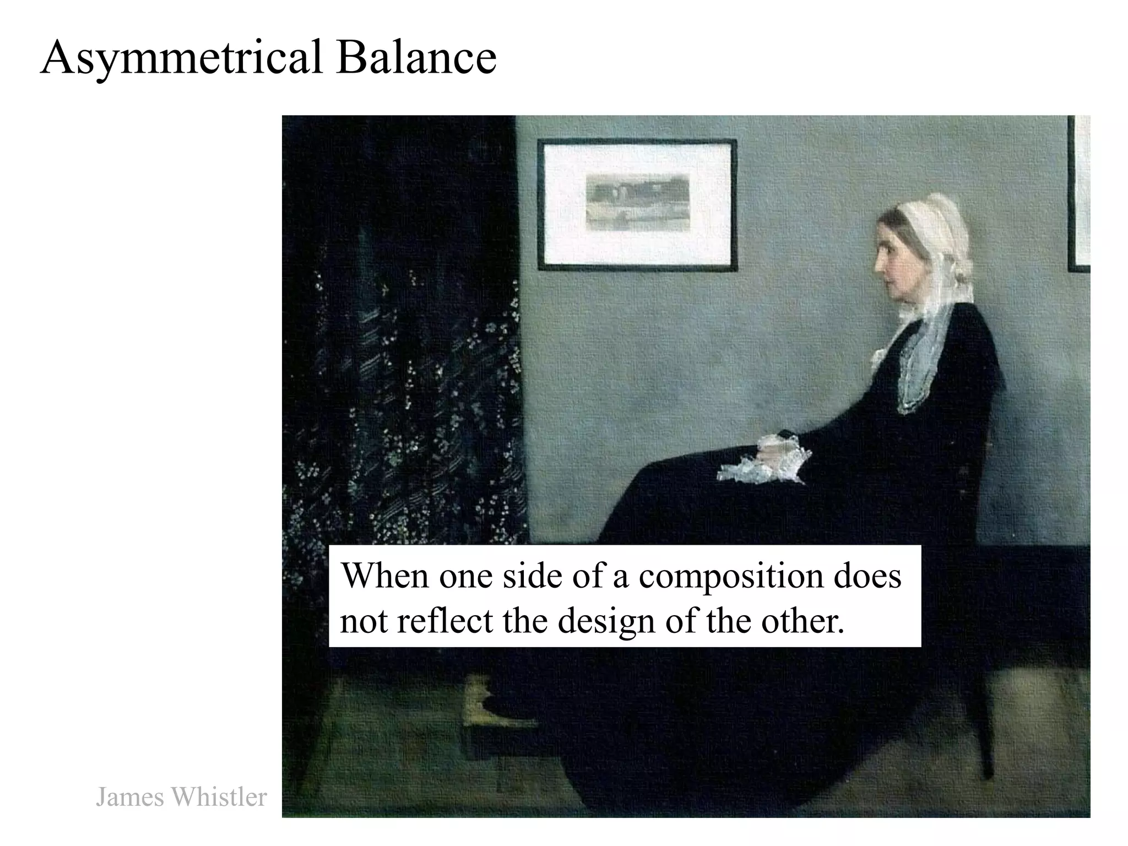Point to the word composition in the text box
coord(730,576)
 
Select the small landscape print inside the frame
coord(637,202)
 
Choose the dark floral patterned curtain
coord(402,358)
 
